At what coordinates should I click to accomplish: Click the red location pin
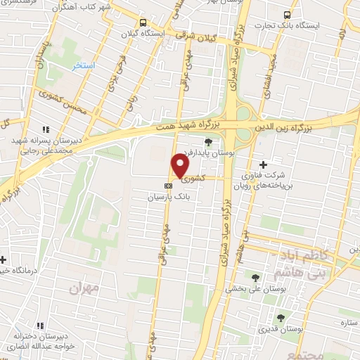[180, 167]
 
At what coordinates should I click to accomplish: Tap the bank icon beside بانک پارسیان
[168, 186]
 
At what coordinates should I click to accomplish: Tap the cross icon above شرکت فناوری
[263, 164]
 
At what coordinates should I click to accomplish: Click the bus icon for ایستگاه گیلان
[143, 22]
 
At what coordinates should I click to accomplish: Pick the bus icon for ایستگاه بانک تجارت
[287, 14]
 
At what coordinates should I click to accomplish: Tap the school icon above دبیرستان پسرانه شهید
[46, 129]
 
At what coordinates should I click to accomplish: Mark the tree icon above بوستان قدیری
[281, 317]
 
